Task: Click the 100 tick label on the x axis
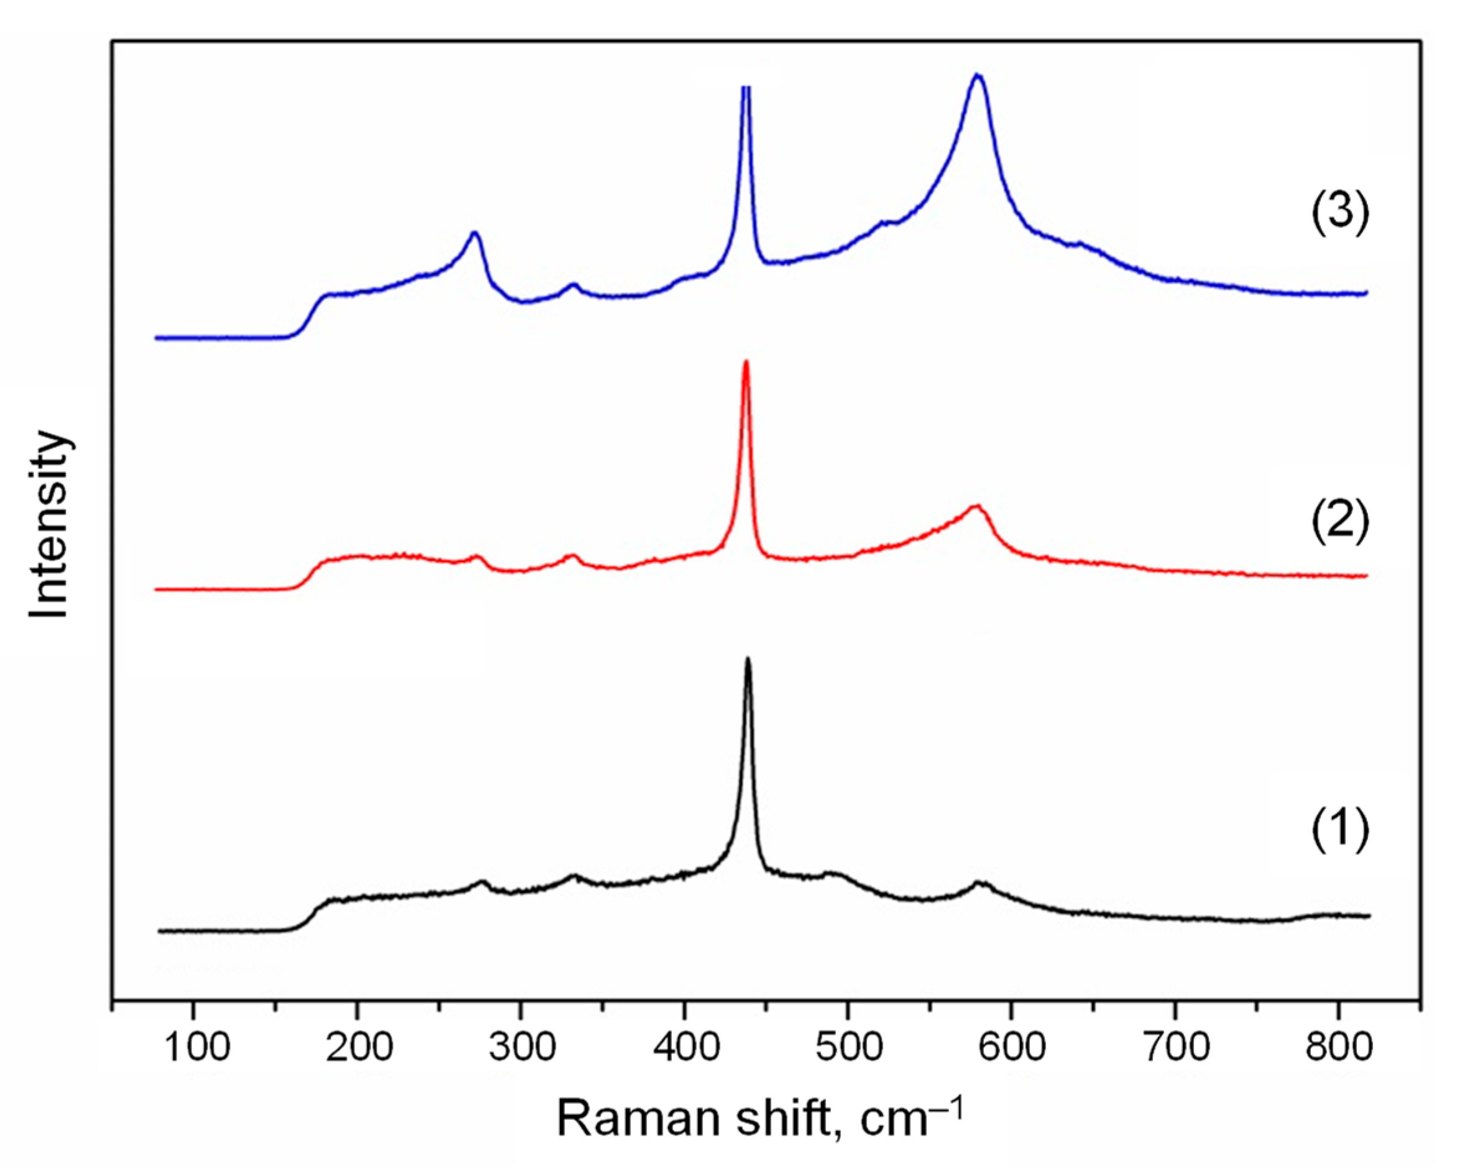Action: click(195, 1048)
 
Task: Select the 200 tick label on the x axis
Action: click(358, 1048)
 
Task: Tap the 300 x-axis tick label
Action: click(522, 1048)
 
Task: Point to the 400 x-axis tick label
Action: click(685, 1048)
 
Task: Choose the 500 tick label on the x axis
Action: click(848, 1048)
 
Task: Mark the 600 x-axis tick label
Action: click(1012, 1048)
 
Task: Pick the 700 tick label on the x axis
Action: click(1175, 1048)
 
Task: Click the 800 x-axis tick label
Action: click(1338, 1048)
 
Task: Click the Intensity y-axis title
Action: click(50, 524)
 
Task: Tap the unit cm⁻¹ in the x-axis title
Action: click(911, 1117)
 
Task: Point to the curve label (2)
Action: click(1339, 523)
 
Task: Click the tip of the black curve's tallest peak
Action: click(748, 659)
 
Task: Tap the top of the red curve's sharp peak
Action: click(746, 362)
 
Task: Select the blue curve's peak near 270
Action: click(475, 233)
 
